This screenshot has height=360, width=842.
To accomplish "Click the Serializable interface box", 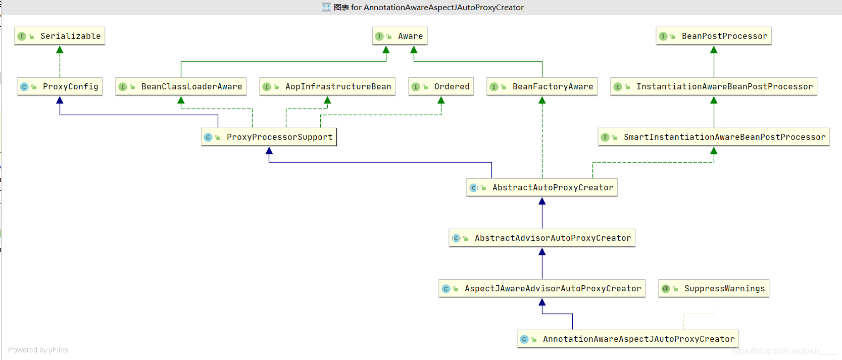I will [60, 36].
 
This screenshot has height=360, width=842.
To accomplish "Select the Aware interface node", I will [400, 36].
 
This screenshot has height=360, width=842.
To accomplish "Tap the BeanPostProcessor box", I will [713, 36].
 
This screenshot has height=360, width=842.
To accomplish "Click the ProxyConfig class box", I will [60, 86].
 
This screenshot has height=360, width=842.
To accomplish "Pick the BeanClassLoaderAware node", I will [181, 86].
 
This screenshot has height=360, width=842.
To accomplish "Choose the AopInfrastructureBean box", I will [327, 86].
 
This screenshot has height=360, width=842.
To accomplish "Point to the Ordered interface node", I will [441, 86].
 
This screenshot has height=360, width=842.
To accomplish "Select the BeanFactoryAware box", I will [542, 86].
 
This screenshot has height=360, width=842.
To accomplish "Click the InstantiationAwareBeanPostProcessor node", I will [713, 86].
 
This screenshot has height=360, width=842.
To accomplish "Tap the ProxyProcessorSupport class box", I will [269, 137].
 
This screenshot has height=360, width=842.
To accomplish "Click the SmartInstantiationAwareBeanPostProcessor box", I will [713, 137].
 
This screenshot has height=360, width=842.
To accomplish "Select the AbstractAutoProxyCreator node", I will [542, 187].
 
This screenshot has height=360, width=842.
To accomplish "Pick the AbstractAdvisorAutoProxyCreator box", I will [542, 238].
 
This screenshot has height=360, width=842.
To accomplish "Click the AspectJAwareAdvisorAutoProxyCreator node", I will [542, 288].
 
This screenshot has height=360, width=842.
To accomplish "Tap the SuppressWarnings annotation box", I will [713, 288].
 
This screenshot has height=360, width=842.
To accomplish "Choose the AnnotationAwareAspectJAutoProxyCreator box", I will [628, 339].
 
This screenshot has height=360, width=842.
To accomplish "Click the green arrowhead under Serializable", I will [60, 49].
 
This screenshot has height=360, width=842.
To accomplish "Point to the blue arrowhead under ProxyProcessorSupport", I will [269, 150].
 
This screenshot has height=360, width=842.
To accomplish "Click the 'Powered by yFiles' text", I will [38, 350].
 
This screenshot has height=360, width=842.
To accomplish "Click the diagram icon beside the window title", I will [326, 7].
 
